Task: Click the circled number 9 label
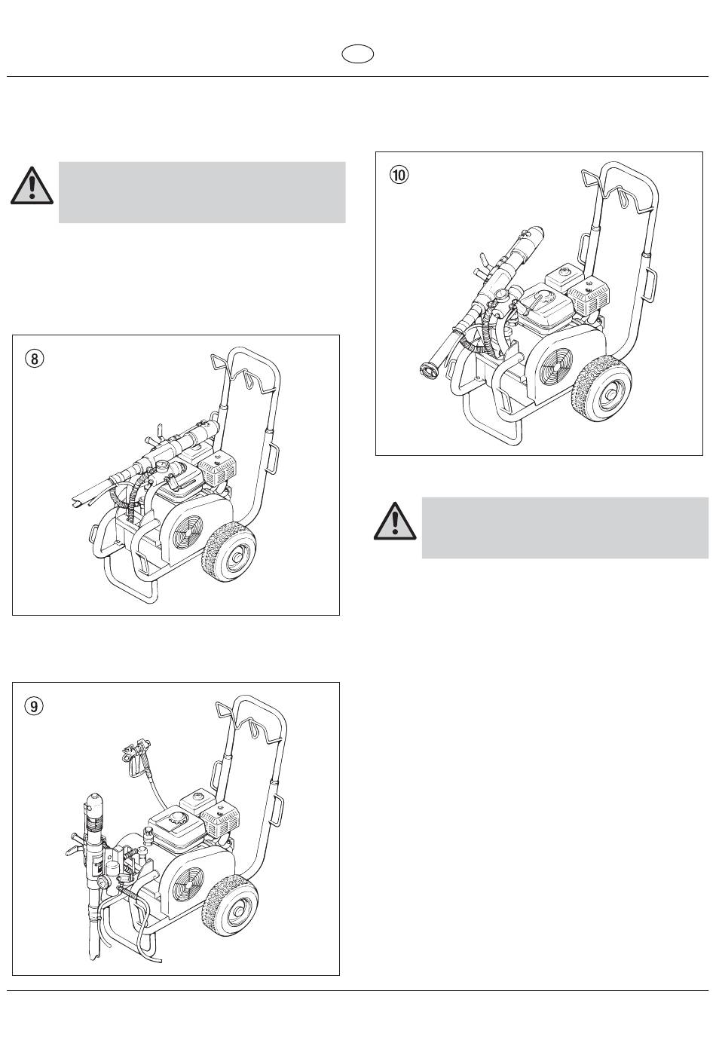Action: tap(34, 706)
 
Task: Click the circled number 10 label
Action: tap(399, 175)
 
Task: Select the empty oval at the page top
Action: tap(357, 54)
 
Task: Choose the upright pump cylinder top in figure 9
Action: tap(95, 803)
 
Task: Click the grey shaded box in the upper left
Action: tap(201, 191)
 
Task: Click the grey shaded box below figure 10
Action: tap(565, 528)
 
